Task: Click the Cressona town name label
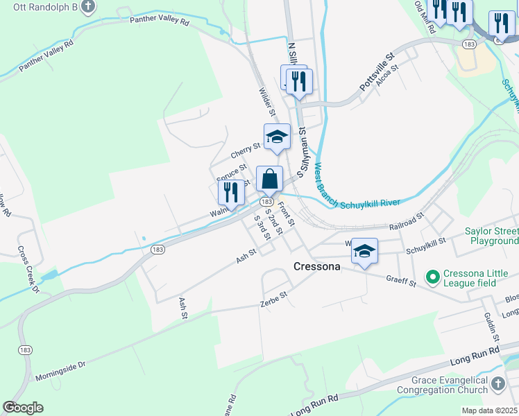[x=317, y=266]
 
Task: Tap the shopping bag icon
[x=269, y=179]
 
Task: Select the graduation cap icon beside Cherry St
[x=277, y=136]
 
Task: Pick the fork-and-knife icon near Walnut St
[x=231, y=193]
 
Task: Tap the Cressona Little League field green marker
[x=434, y=277]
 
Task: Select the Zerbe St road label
[x=273, y=298]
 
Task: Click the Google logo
[x=22, y=408]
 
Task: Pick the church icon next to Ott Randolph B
[x=87, y=8]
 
